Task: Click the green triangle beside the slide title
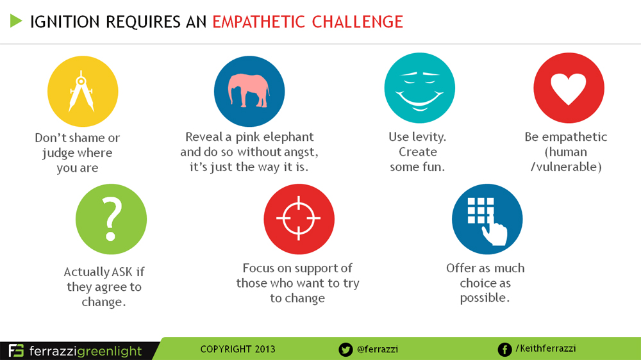(x=15, y=21)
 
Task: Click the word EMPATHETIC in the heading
(x=258, y=22)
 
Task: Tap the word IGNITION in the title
(x=65, y=22)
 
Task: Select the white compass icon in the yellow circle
(x=81, y=91)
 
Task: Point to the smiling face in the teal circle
(x=419, y=91)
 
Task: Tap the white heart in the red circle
(x=568, y=88)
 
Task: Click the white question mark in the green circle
(x=111, y=218)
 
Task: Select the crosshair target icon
(x=299, y=218)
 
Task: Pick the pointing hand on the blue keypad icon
(x=495, y=230)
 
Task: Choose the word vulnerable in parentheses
(x=567, y=167)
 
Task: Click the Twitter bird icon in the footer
(x=345, y=349)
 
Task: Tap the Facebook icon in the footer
(x=504, y=349)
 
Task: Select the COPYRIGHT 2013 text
(x=238, y=349)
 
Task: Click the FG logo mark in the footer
(x=17, y=350)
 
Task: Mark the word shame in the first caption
(x=87, y=138)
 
